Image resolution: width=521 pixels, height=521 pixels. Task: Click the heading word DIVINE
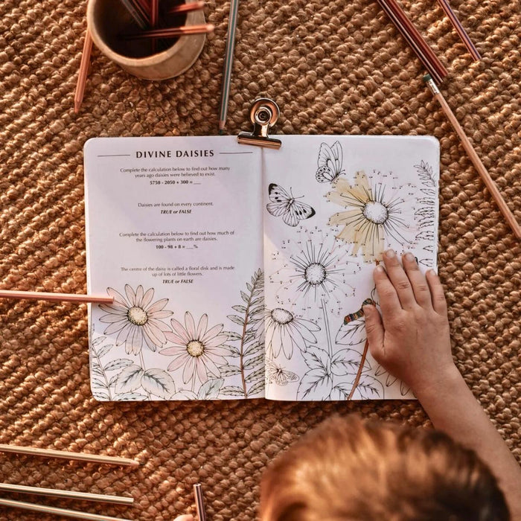click(x=154, y=154)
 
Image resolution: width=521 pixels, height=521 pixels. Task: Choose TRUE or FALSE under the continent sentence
click(x=176, y=212)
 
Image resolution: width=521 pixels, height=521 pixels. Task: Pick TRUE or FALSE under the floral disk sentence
click(x=176, y=281)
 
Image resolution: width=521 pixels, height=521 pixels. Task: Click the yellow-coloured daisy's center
click(x=375, y=212)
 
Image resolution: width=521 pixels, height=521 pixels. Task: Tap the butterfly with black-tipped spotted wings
click(x=289, y=206)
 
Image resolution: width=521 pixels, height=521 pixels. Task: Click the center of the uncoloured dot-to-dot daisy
click(x=316, y=273)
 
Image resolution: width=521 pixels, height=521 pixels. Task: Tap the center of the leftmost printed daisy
click(x=138, y=316)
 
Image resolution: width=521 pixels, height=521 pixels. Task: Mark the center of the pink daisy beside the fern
click(x=195, y=348)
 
